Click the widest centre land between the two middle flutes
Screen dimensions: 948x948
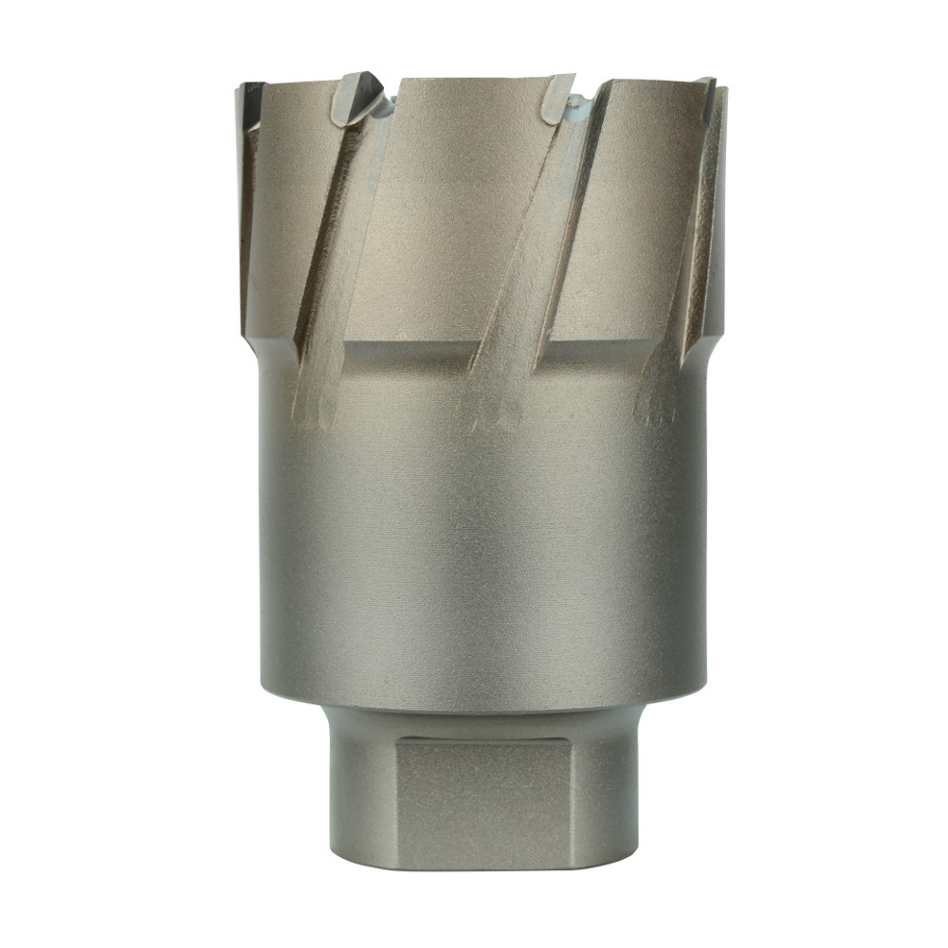coord(465,209)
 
